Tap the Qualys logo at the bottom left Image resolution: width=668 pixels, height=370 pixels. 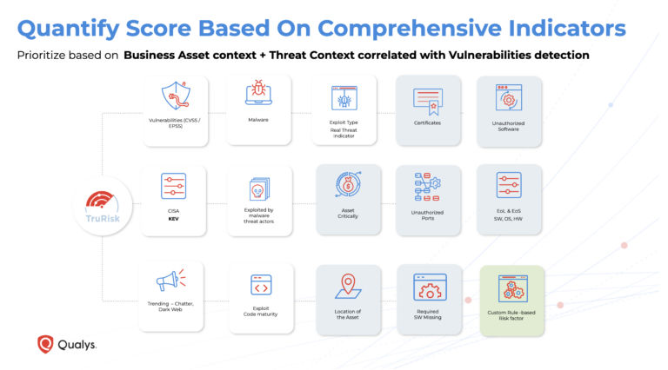click(66, 344)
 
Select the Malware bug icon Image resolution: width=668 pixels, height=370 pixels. click(258, 94)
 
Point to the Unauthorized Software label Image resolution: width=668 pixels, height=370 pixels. click(509, 127)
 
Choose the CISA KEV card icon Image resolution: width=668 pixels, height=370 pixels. click(174, 186)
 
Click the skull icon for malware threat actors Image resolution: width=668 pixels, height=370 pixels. click(259, 189)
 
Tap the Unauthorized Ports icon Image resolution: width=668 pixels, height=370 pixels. click(428, 187)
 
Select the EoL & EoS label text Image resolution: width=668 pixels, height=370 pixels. click(509, 214)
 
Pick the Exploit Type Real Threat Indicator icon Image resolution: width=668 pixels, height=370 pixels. click(344, 97)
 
